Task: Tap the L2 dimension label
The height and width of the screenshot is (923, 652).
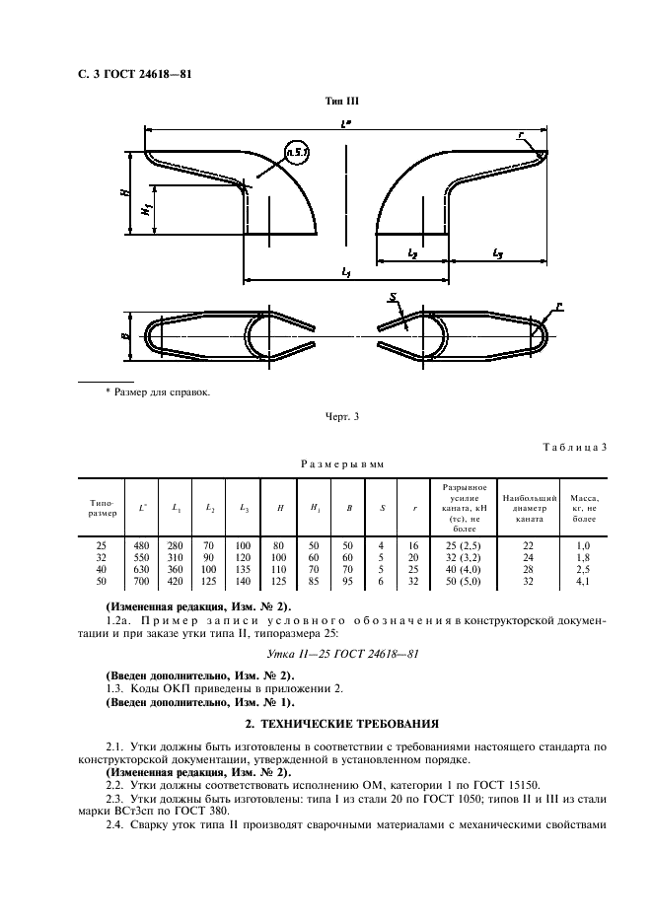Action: [x=412, y=252]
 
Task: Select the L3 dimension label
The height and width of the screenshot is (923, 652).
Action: [x=496, y=252]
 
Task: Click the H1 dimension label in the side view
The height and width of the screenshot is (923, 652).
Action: [x=144, y=209]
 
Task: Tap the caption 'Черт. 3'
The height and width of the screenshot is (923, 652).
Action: [x=342, y=415]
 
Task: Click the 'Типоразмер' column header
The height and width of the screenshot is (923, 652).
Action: [x=102, y=507]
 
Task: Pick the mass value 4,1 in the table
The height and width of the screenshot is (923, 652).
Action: [x=584, y=581]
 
